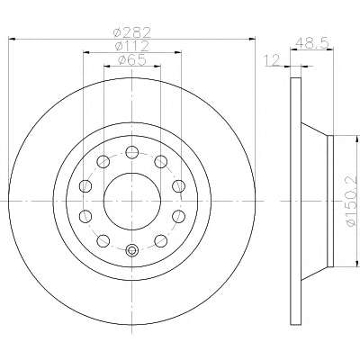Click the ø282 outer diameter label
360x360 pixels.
pos(132,32)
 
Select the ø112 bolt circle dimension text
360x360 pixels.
pos(132,46)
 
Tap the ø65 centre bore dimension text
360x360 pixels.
pos(132,60)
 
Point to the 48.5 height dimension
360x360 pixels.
pos(312,44)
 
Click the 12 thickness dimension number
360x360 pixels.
pos(272,59)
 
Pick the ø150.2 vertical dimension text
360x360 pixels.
pos(353,201)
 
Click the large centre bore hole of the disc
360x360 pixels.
pos(132,201)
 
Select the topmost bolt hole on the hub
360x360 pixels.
pos(132,152)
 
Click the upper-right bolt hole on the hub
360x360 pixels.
pos(161,162)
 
